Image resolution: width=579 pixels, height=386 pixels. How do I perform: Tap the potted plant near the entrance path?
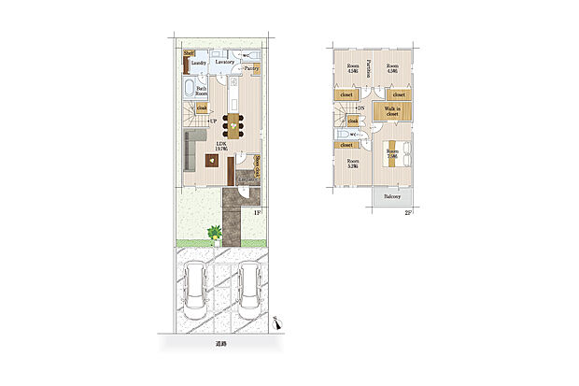point(215,232)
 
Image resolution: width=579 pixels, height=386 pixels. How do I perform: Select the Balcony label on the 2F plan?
point(392,197)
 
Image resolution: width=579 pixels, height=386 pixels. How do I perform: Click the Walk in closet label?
point(392,112)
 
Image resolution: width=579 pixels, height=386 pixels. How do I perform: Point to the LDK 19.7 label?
point(223,145)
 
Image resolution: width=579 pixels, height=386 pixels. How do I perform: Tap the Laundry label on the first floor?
point(198,64)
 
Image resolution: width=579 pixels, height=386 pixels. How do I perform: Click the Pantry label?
point(251,68)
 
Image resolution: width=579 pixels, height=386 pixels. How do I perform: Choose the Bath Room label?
point(202,90)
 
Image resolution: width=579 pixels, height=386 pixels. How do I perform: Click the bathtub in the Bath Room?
point(190,90)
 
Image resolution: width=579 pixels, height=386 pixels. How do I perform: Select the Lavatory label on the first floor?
point(224,62)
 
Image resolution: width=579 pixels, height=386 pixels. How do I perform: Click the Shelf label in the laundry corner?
point(188,53)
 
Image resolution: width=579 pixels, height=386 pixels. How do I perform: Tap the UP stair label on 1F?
point(213,122)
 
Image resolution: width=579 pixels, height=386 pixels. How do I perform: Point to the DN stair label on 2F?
point(360,109)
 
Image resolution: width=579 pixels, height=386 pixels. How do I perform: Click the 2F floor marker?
point(407,213)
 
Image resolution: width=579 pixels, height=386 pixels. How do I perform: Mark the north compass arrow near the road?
point(277,322)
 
